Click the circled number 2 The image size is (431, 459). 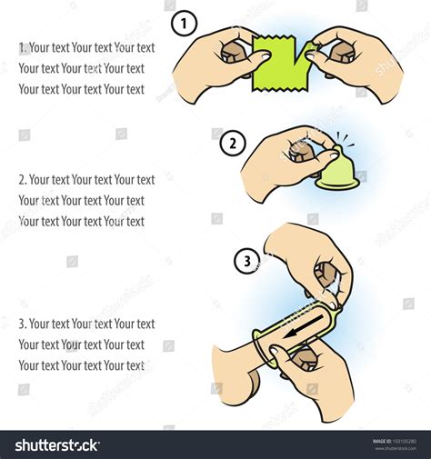click(x=233, y=143)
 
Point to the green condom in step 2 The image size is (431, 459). click(x=336, y=173)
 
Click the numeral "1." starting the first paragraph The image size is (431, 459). click(x=23, y=47)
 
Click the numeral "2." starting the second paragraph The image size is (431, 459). click(x=23, y=180)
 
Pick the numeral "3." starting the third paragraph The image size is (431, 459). click(x=23, y=324)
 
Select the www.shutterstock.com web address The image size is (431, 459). click(x=397, y=448)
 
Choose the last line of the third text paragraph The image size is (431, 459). click(x=81, y=365)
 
